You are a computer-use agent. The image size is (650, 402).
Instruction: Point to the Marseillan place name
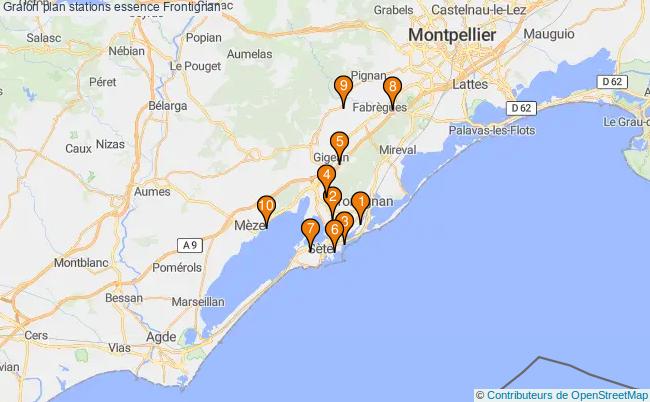(x=197, y=300)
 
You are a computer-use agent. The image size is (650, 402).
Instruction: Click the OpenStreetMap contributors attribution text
(x=562, y=394)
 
